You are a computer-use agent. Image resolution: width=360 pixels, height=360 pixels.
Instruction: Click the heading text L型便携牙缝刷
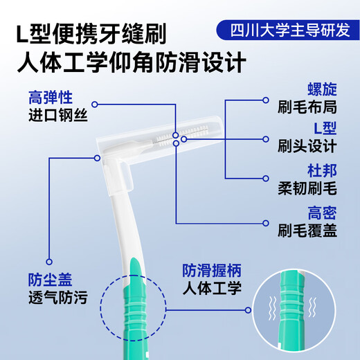pyautogui.click(x=93, y=33)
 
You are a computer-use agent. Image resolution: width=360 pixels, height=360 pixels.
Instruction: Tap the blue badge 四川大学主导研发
pyautogui.click(x=284, y=30)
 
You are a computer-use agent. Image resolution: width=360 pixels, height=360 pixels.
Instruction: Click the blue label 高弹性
pyautogui.click(x=51, y=98)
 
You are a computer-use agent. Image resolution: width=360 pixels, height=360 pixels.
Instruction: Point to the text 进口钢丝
pyautogui.click(x=58, y=116)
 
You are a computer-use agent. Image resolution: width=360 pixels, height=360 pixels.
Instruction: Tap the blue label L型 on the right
pyautogui.click(x=323, y=129)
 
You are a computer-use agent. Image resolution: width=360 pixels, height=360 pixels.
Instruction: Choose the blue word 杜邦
pyautogui.click(x=321, y=169)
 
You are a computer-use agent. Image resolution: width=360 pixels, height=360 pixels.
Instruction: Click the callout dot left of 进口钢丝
pyautogui.click(x=94, y=105)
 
